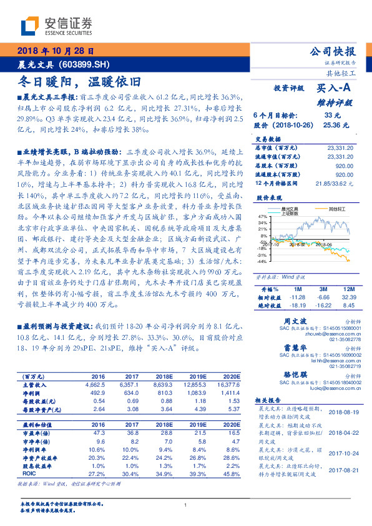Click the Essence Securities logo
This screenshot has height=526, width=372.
point(57,24)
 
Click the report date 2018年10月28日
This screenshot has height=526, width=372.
point(56,51)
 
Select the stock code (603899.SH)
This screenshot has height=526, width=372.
point(84,64)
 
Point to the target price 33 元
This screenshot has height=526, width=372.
point(333,115)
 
